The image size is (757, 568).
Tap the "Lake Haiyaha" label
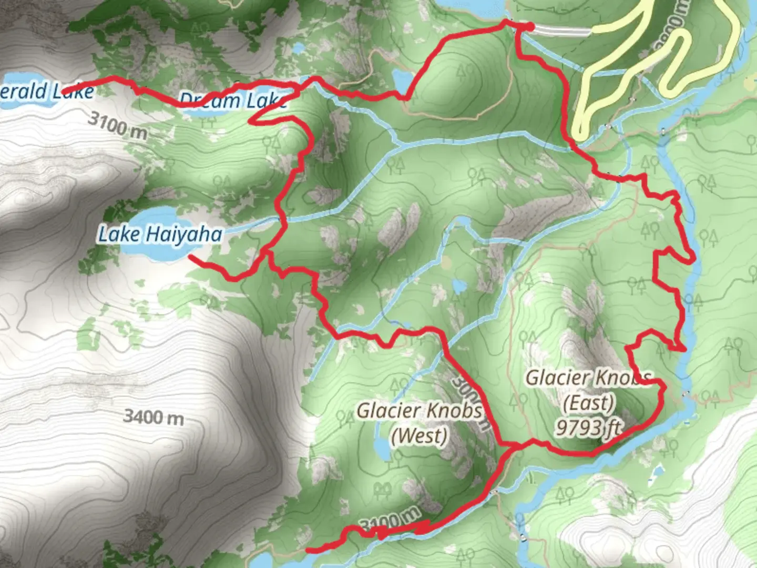tap(160, 234)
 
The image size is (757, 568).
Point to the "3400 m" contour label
tap(154, 417)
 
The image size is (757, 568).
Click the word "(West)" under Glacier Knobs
tap(419, 435)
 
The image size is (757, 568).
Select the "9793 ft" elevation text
tap(589, 428)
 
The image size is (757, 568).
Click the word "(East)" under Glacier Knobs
tap(588, 403)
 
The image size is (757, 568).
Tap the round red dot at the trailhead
tap(529, 26)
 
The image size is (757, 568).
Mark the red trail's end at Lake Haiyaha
tap(190, 257)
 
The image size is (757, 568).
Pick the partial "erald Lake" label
tap(47, 92)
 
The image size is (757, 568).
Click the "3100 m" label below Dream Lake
tap(117, 125)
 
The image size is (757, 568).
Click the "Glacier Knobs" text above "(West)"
tap(419, 411)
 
